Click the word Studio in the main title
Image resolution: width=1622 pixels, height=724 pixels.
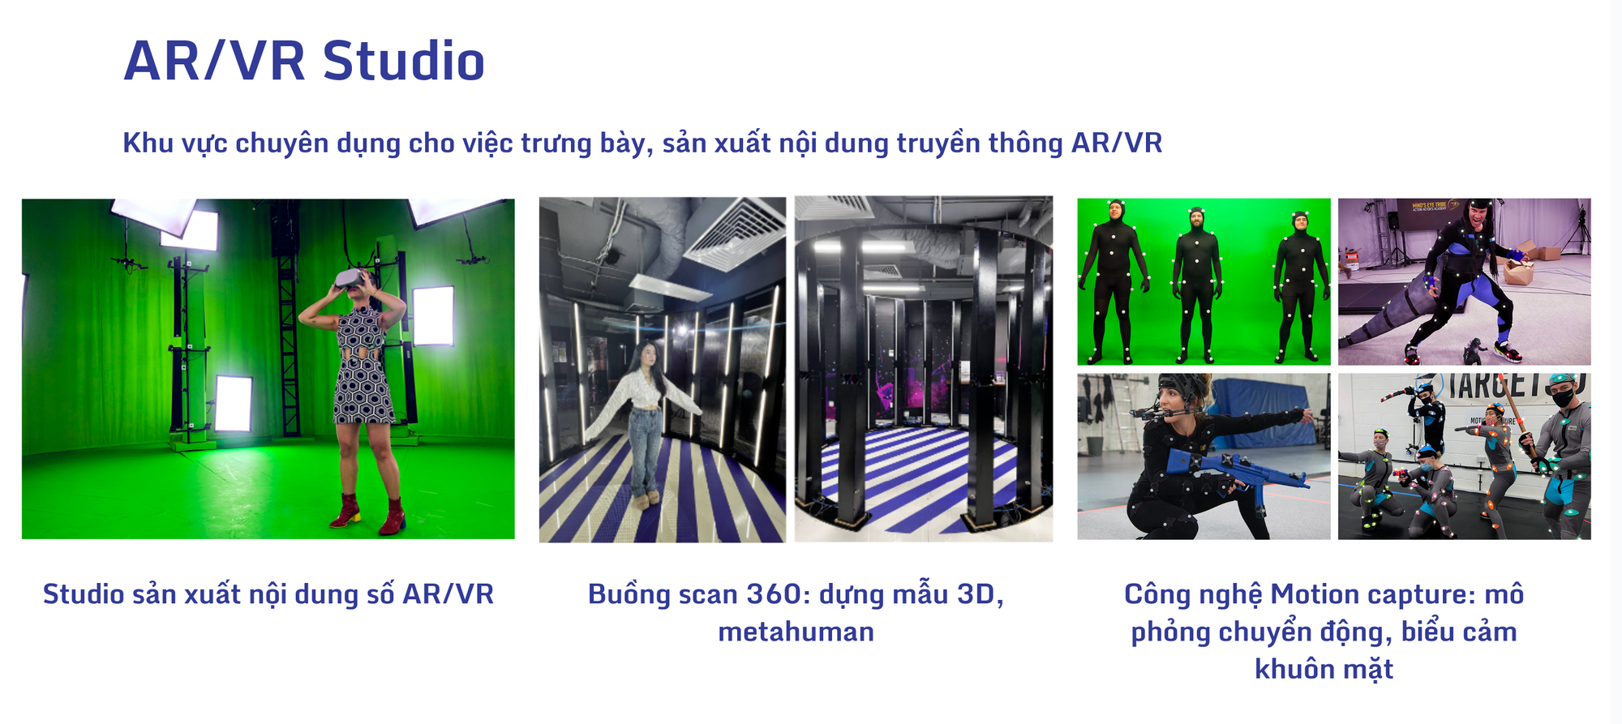[403, 62]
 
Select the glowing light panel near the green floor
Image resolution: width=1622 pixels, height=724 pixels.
[234, 403]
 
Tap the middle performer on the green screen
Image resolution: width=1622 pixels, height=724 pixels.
[1196, 281]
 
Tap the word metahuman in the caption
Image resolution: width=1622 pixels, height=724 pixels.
[796, 632]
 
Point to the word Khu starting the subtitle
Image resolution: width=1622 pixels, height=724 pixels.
[148, 144]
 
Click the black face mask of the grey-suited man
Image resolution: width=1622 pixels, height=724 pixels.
[1564, 397]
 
